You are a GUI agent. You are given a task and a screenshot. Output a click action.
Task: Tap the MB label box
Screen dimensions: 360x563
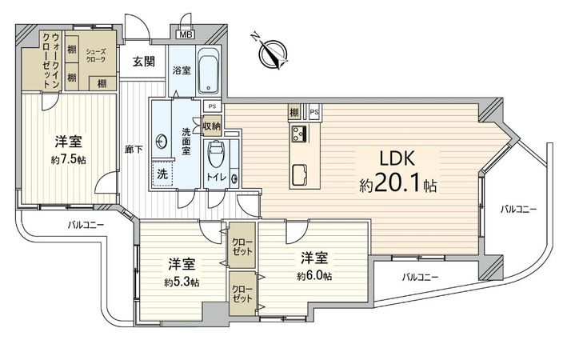[x=185, y=34]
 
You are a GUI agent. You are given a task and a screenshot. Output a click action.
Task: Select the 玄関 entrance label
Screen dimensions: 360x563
[x=144, y=62]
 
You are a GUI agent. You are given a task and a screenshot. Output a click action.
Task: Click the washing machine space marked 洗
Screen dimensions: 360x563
[x=161, y=173]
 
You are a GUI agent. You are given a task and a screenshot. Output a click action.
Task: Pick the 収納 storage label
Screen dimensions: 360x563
[x=212, y=125]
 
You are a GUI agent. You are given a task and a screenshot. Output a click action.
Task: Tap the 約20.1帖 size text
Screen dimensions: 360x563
[x=397, y=186]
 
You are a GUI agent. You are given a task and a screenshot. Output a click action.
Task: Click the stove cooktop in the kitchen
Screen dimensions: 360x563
[x=300, y=133]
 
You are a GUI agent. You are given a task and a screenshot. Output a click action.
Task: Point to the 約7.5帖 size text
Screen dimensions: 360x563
[x=69, y=159]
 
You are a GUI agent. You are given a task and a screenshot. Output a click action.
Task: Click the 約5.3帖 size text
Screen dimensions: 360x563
[x=182, y=282]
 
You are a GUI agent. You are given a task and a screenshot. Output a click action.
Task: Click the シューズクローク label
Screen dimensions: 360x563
[x=97, y=56]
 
